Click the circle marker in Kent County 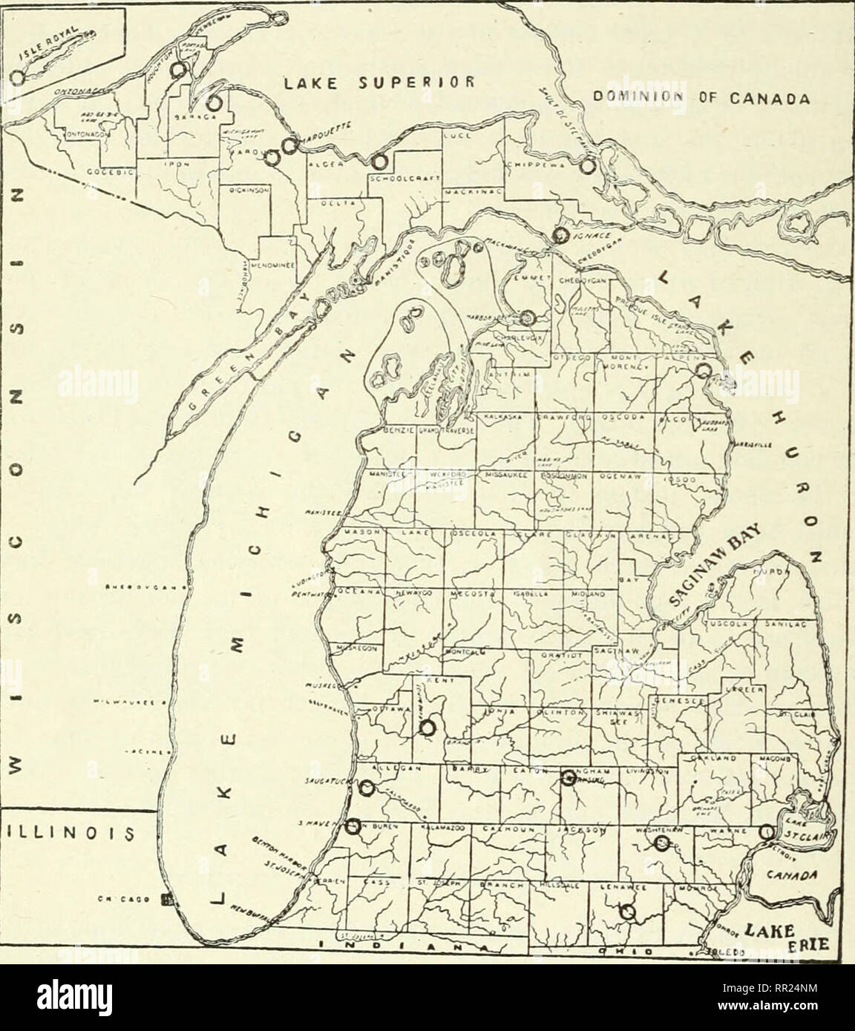pyautogui.click(x=427, y=728)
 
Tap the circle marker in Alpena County pyautogui.click(x=704, y=371)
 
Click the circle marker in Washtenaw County pyautogui.click(x=662, y=842)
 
